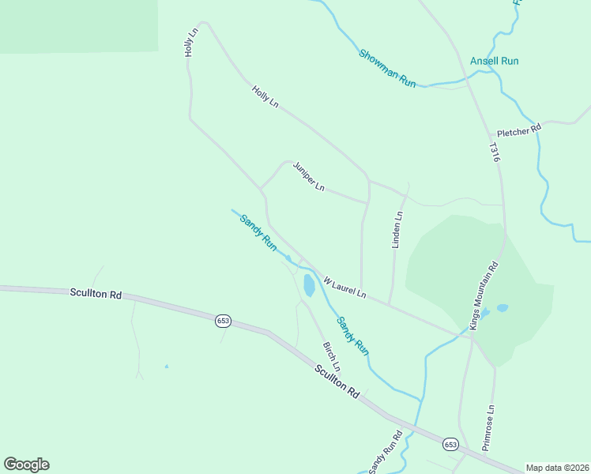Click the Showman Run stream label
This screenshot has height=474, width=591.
[x=387, y=68]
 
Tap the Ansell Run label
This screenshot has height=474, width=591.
[x=494, y=61]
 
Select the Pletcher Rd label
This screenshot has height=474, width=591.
[x=518, y=129]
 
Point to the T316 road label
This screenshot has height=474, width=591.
[x=495, y=152]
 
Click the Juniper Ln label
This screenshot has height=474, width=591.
[x=309, y=177]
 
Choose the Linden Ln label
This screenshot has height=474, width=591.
[x=398, y=230]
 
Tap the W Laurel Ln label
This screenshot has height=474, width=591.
[x=345, y=287]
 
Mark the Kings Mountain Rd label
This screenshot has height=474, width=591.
[x=484, y=295]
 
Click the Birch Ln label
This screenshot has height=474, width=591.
[x=332, y=357]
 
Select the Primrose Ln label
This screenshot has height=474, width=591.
[x=489, y=427]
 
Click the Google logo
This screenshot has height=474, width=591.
[x=26, y=465]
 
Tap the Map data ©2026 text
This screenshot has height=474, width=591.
[x=557, y=468]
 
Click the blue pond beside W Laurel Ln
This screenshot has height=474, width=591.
[x=308, y=285]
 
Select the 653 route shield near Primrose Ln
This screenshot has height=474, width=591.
[x=450, y=445]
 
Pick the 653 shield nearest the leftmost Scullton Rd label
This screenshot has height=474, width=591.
[x=223, y=320]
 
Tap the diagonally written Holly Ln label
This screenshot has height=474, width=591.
[x=265, y=97]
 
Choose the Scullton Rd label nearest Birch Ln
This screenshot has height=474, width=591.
[x=337, y=381]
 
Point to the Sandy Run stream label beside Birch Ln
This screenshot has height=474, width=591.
[x=352, y=335]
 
